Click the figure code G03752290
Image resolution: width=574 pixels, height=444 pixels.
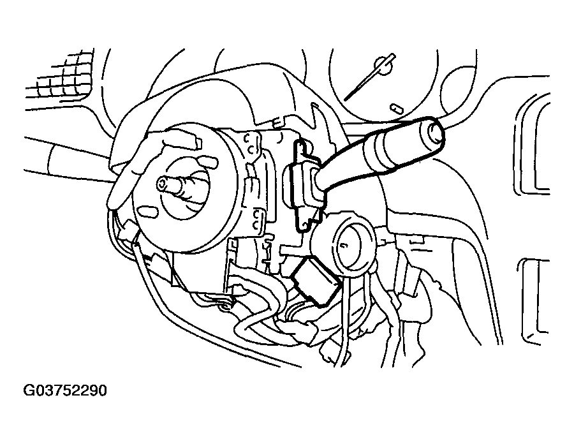tap(65, 390)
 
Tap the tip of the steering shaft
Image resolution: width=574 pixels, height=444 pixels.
tap(163, 184)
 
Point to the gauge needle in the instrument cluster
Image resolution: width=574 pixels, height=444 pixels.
tap(370, 77)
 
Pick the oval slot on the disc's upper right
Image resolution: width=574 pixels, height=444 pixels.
tap(207, 161)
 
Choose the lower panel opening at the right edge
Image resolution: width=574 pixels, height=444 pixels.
tap(535, 301)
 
